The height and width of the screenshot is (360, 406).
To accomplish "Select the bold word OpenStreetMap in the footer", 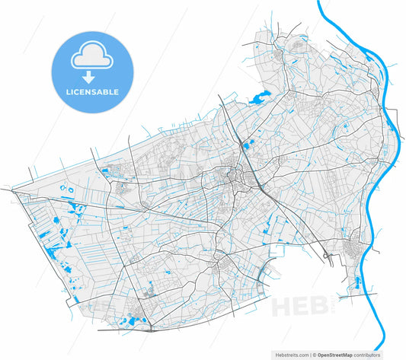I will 339,355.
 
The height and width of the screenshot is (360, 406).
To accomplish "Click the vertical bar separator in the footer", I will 308,355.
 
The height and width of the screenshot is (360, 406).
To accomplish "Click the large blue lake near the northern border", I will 258,97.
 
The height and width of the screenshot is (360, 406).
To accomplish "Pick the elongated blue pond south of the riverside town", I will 353,283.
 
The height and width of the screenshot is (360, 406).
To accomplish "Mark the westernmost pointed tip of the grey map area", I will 4,187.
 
